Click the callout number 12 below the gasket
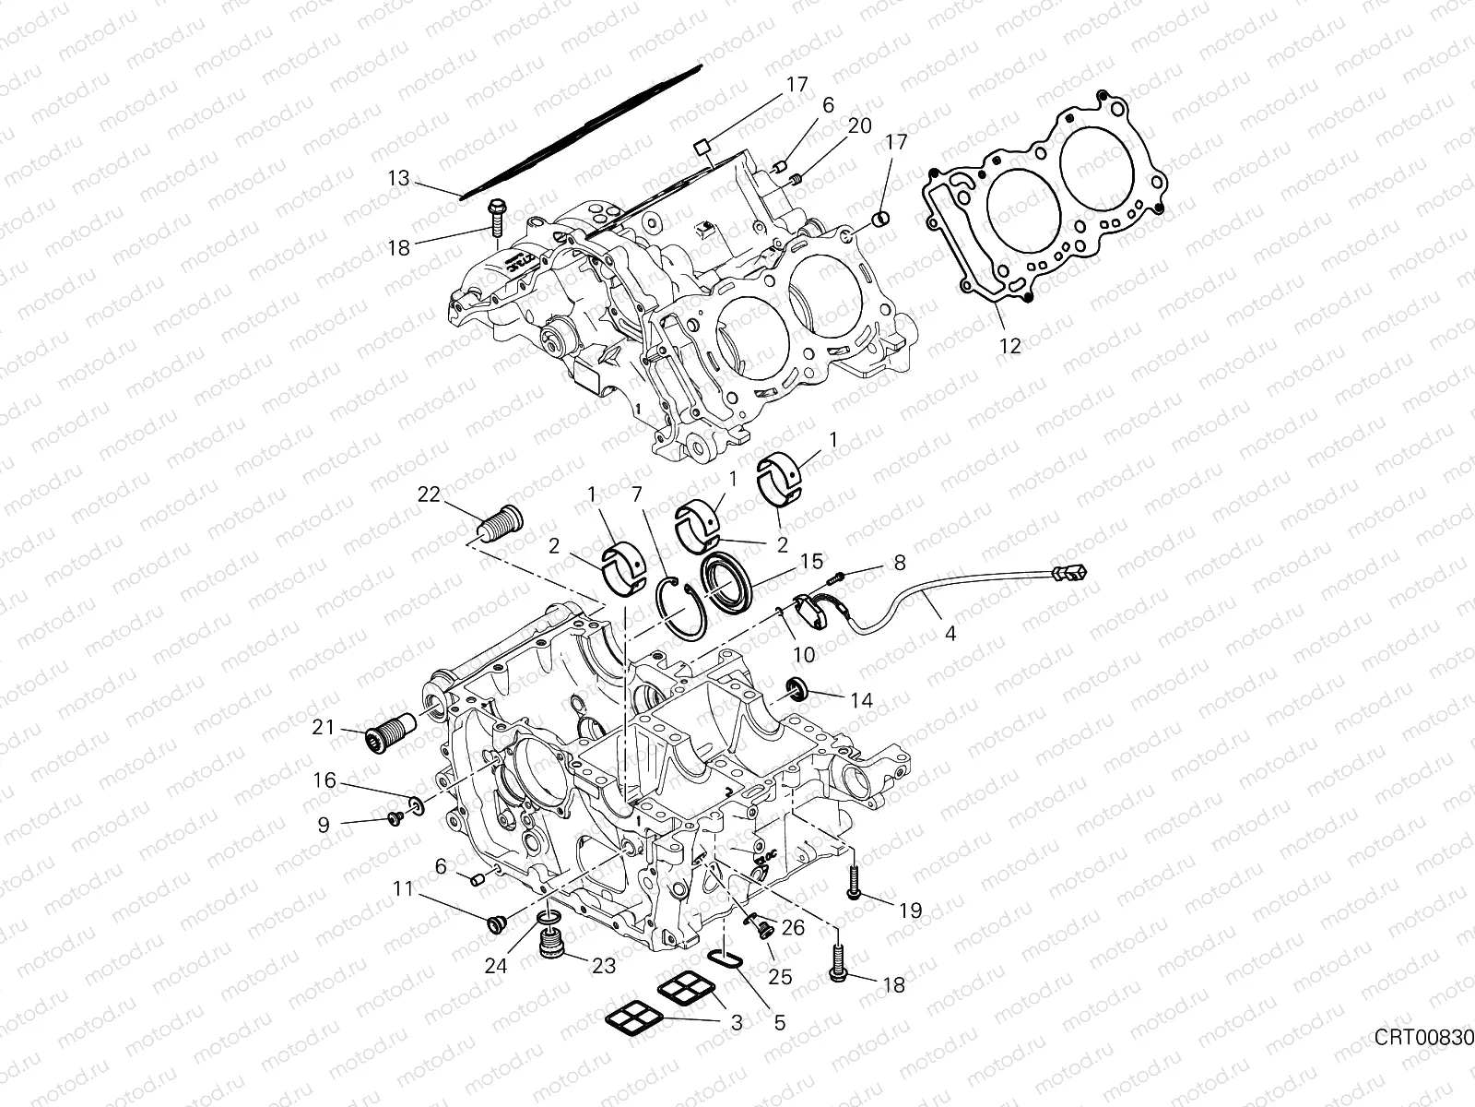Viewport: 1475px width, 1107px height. point(1010,346)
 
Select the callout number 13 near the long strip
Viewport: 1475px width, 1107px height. point(398,178)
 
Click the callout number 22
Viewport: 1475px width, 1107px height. point(429,494)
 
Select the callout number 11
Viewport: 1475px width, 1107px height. point(402,889)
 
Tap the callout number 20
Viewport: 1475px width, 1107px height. point(859,126)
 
